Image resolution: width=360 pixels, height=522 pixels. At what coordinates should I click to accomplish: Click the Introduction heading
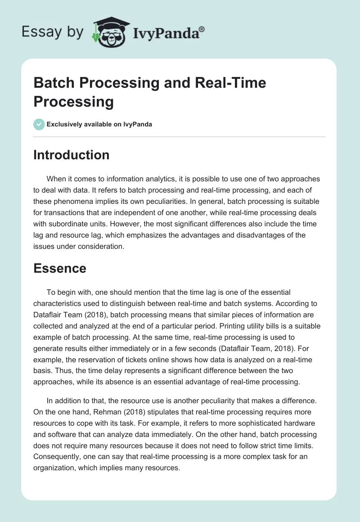coord(72,155)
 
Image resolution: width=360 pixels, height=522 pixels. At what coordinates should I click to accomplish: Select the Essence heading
coord(60,268)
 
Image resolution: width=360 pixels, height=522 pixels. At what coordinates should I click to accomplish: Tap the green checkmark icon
coord(39,124)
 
